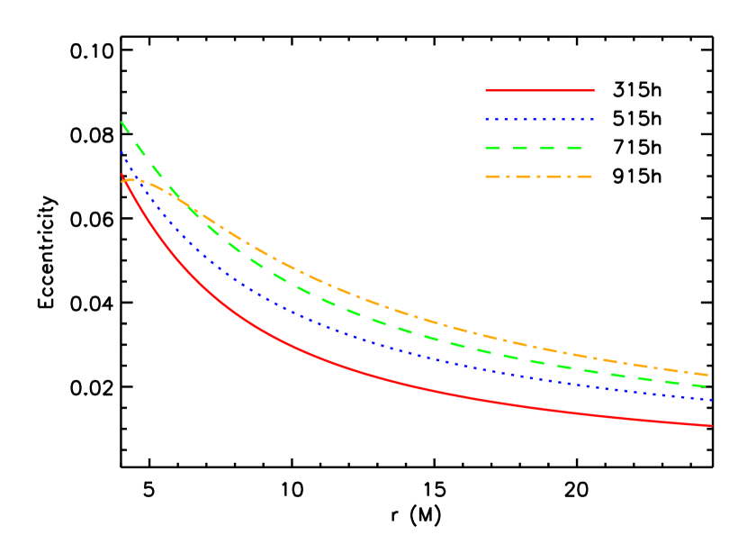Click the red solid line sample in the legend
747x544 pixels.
540,90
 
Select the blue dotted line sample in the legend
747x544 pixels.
540,119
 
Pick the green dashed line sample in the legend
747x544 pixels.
533,148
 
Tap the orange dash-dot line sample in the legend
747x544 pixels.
538,177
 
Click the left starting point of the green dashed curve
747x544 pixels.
121,122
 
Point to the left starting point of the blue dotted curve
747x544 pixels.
121,151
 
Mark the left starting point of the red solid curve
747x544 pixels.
121,174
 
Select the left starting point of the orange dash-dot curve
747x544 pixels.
122,181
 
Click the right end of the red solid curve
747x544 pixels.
712,425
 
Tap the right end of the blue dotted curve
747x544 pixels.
711,400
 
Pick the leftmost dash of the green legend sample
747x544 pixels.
493,148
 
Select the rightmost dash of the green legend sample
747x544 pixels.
573,148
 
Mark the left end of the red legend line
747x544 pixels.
486,90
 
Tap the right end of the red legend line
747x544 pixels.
594,90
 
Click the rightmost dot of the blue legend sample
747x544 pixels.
593,119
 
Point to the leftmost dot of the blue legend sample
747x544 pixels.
487,119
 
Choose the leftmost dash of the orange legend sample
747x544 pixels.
492,177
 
